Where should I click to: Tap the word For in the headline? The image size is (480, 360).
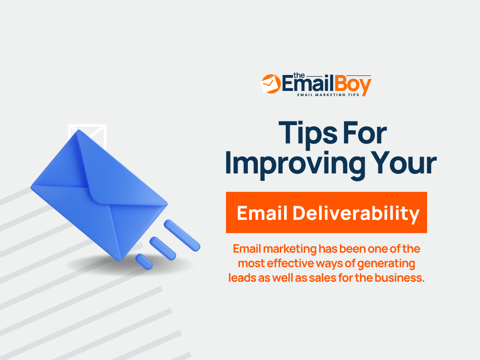coord(364,134)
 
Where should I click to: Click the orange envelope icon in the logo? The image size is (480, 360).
coord(270,83)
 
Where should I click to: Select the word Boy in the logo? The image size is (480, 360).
coord(352,85)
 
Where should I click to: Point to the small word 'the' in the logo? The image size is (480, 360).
coord(299,75)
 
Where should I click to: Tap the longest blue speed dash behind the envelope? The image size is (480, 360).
coord(182,235)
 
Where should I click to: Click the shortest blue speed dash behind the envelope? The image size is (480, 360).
coord(144,262)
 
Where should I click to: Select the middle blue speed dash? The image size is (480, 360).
coord(162,248)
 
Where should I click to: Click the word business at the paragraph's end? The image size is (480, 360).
coord(402,278)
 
